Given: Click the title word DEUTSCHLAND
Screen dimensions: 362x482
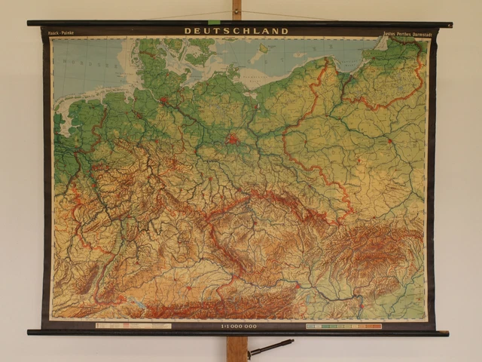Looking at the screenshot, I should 236,31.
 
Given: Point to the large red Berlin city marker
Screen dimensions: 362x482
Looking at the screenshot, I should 233,139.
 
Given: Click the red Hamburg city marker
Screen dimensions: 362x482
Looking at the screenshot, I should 163,100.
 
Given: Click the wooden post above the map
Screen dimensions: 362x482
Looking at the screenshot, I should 237,9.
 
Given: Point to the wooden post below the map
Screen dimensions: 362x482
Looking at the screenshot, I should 236,348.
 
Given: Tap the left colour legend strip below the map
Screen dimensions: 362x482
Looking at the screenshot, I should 133,327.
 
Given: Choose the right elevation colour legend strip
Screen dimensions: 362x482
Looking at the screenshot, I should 343,327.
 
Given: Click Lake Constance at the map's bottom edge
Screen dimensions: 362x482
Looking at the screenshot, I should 138,302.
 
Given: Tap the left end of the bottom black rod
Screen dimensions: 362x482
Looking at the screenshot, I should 32,332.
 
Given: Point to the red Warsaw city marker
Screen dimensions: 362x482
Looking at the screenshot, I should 389,141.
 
